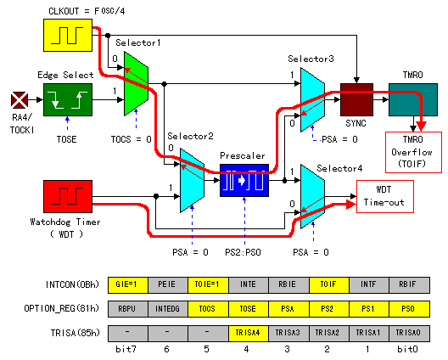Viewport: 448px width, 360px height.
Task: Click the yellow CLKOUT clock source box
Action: tap(68, 35)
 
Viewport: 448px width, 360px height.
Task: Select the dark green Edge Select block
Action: tap(68, 99)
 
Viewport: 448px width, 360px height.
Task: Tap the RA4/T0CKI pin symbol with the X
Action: tap(20, 100)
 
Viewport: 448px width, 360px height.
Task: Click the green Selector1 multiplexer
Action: tap(136, 84)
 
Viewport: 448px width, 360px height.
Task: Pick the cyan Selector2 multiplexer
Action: tap(192, 181)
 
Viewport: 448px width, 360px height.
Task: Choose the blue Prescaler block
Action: tap(244, 181)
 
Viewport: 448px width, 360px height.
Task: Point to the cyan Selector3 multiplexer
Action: tap(312, 100)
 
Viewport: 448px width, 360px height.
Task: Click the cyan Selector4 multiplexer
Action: tap(312, 196)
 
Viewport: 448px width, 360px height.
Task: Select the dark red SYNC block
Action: tap(356, 99)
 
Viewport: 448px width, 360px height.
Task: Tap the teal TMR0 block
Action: tap(413, 99)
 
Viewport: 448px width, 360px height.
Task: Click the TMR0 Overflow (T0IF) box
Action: tap(413, 152)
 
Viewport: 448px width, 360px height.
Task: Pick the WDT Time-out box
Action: tap(385, 196)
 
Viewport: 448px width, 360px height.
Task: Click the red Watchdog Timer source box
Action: tap(68, 196)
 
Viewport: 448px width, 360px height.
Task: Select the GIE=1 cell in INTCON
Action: tap(128, 284)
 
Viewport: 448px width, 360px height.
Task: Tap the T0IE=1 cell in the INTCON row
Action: tap(208, 284)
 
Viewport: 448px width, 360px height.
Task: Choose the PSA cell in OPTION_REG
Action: tap(288, 309)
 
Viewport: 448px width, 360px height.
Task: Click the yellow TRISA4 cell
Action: tap(249, 333)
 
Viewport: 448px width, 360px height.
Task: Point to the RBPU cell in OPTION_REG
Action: tap(128, 309)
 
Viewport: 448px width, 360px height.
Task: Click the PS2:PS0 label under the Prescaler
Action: tap(243, 252)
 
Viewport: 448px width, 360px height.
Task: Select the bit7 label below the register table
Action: tap(126, 349)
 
